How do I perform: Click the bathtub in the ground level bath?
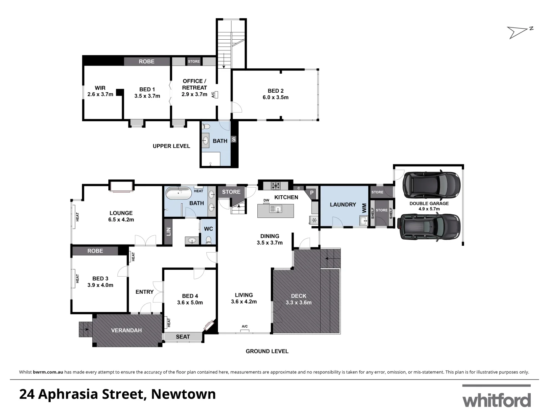[179, 193]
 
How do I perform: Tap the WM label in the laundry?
[364, 208]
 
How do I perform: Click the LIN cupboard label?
[168, 232]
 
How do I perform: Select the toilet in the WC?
[209, 240]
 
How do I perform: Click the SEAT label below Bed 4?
[183, 337]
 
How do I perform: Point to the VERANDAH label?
[126, 330]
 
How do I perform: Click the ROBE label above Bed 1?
[146, 61]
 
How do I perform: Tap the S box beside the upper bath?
[234, 140]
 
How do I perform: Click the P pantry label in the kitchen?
[311, 193]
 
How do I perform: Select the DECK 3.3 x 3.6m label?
[299, 299]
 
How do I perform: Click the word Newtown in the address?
[183, 394]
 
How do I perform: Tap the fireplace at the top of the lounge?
[121, 186]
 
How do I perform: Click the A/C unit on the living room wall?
[244, 330]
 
